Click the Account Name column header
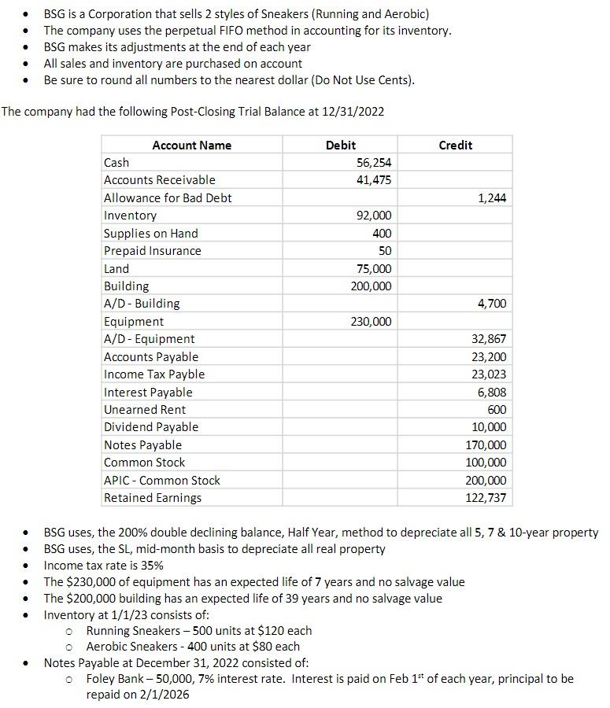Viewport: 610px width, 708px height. (x=191, y=145)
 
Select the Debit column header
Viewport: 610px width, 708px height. (x=340, y=145)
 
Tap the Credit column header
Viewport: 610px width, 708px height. (x=455, y=145)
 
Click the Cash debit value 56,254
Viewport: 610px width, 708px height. (x=375, y=162)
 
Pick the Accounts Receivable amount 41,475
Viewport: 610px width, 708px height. (x=375, y=180)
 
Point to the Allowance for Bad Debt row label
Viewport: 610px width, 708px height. (x=168, y=197)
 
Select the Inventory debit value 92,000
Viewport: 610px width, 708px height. (x=375, y=216)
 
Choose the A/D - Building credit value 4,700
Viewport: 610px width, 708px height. (x=492, y=304)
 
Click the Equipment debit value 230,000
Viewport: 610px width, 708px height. (x=372, y=322)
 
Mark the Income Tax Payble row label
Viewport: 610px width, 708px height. (x=154, y=374)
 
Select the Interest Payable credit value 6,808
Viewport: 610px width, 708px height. (x=492, y=393)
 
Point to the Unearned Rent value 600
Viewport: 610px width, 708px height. (x=497, y=410)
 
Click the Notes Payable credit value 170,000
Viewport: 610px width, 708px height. (x=489, y=445)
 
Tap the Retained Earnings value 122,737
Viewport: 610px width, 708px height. (x=489, y=498)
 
